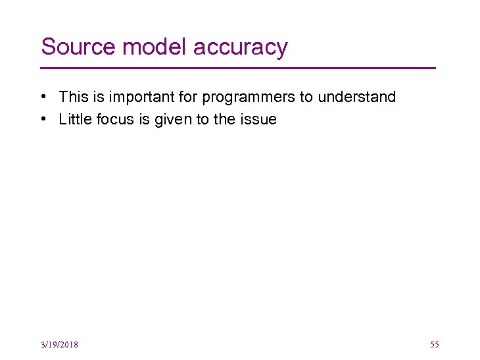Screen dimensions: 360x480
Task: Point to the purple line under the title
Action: pos(238,68)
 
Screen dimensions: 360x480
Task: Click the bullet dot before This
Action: pos(41,97)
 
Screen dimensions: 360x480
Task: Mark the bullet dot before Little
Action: pos(41,120)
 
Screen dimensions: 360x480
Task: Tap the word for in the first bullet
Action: pos(189,97)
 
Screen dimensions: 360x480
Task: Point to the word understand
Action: pos(357,97)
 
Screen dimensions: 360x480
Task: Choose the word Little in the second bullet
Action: pos(74,119)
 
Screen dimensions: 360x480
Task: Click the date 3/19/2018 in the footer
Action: pos(59,345)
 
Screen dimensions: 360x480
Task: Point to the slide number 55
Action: pos(434,345)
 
